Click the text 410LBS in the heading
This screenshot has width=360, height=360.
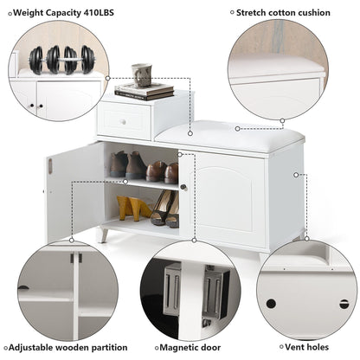99,13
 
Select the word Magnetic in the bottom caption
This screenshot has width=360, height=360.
177,348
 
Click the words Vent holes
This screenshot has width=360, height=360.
306,347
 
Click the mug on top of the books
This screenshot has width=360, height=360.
142,75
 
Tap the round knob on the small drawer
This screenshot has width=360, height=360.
124,121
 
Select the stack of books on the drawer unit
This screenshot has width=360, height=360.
145,91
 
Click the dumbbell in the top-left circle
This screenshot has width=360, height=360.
61,60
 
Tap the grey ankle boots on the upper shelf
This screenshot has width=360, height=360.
128,164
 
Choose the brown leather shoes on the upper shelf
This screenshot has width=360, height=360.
162,172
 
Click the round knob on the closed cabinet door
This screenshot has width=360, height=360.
183,187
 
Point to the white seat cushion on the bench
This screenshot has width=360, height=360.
230,137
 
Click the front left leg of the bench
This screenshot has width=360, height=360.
103,235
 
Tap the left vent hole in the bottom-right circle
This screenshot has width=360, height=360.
271,304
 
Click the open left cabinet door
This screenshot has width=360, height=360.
74,192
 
